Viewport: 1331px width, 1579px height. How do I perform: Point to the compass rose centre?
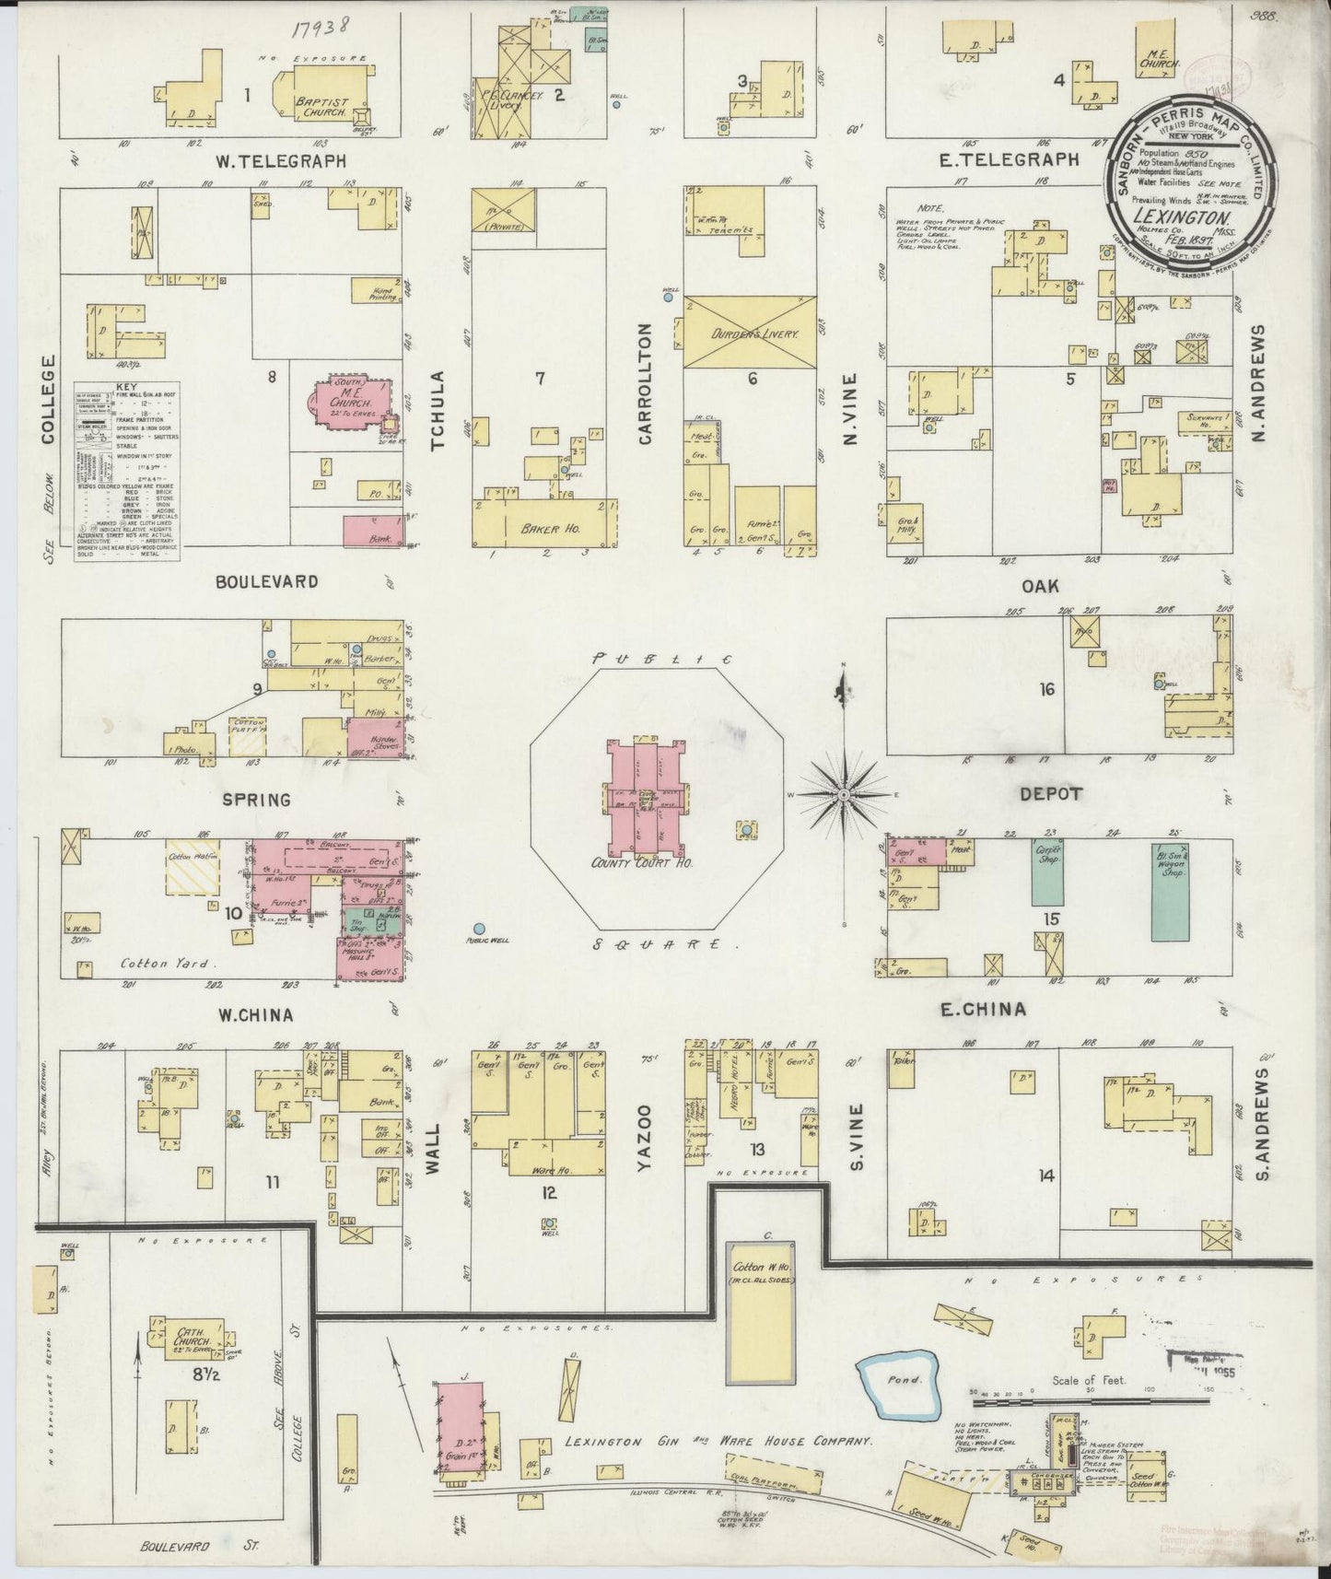pos(844,793)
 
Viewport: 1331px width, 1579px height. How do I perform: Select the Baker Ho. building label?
pos(542,529)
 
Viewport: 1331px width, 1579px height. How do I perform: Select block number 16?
pos(1046,689)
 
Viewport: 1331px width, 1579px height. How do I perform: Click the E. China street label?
pos(982,1010)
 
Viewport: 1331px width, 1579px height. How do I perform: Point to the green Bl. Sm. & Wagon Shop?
pos(1169,892)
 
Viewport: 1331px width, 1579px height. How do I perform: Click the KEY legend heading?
pos(124,389)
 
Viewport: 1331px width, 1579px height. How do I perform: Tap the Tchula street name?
pos(438,411)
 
